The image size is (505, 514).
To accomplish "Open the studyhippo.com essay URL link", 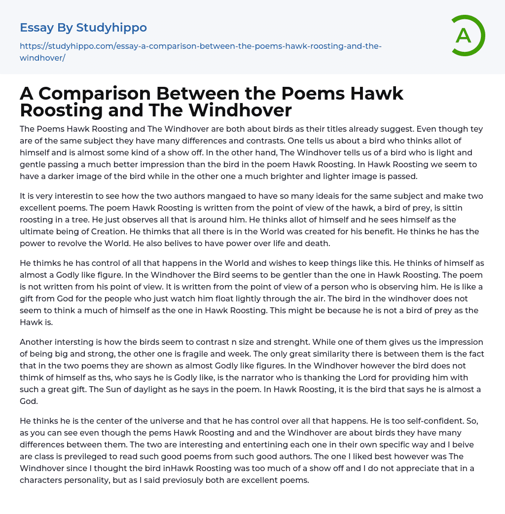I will tap(200, 46).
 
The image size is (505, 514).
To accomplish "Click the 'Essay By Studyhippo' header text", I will tap(83, 27).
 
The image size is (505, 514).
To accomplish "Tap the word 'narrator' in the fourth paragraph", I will tap(258, 377).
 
